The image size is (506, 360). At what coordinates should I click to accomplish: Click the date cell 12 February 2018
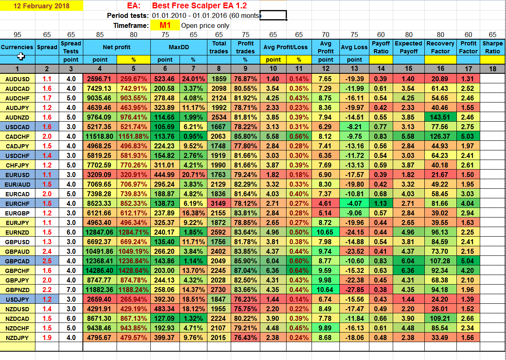click(x=42, y=6)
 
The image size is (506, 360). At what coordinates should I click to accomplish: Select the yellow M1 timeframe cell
click(x=165, y=25)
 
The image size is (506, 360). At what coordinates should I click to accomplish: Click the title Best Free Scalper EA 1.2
click(x=199, y=5)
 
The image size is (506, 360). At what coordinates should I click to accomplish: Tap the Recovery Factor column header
click(x=440, y=47)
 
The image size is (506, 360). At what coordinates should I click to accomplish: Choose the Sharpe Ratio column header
click(x=492, y=47)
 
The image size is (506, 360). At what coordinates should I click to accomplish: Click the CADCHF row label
click(x=17, y=137)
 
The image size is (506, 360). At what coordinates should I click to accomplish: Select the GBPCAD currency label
click(x=17, y=261)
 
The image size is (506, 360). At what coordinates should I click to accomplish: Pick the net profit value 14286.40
click(x=100, y=270)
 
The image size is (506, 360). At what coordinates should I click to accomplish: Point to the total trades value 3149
click(x=219, y=203)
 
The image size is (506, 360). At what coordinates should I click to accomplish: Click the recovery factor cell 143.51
click(x=440, y=117)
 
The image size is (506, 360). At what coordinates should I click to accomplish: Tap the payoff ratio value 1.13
click(x=381, y=203)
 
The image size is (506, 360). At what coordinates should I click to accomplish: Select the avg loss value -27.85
click(x=354, y=290)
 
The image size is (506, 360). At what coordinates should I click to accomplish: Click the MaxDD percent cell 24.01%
click(x=193, y=79)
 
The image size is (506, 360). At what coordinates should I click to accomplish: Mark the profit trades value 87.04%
click(x=245, y=270)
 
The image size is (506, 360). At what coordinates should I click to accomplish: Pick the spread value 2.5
click(x=47, y=261)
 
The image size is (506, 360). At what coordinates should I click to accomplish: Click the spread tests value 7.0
click(x=71, y=290)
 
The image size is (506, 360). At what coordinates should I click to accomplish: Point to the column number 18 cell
click(x=492, y=69)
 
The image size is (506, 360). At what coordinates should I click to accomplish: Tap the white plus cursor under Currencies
click(x=21, y=56)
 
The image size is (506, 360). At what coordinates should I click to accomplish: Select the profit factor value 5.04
click(x=468, y=261)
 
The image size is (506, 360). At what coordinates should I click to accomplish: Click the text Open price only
click(x=205, y=25)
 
